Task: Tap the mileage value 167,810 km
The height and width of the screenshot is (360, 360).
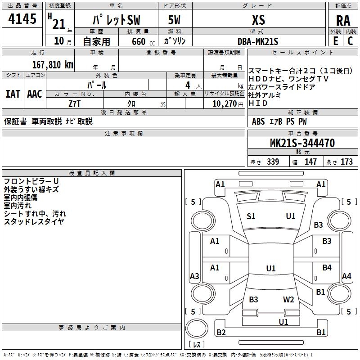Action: click(x=53, y=64)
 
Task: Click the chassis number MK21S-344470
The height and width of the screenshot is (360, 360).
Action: click(x=302, y=144)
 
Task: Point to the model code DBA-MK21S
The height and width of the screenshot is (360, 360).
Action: click(x=258, y=41)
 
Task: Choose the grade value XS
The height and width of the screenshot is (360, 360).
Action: click(x=258, y=20)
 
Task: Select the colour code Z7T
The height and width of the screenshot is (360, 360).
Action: click(x=75, y=103)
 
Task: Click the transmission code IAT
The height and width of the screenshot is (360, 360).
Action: click(x=13, y=94)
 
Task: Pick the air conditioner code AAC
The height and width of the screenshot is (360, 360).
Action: click(x=35, y=94)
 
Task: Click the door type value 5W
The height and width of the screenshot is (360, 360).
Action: click(x=175, y=21)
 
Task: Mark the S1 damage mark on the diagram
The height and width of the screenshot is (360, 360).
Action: click(x=251, y=216)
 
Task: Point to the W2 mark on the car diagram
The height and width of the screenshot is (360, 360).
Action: click(x=288, y=300)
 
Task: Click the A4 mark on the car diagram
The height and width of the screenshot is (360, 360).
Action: click(x=346, y=276)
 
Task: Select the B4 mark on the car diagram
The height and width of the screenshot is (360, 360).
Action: click(x=327, y=268)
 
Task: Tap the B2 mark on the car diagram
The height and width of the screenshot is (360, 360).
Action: click(x=221, y=333)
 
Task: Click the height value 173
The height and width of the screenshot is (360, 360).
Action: click(x=346, y=162)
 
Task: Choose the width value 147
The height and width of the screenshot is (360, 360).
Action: click(x=310, y=162)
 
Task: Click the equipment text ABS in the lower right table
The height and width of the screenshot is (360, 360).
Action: click(x=258, y=121)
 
